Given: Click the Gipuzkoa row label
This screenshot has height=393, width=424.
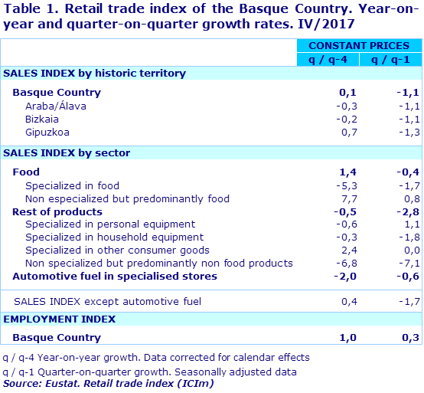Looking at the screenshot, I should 48,133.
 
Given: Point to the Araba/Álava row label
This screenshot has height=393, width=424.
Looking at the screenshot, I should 55,106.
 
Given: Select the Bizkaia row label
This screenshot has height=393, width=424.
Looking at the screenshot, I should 42,120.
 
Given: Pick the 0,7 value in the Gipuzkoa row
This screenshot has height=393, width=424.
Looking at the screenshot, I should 348,133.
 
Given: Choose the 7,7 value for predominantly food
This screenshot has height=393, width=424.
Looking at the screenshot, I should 348,198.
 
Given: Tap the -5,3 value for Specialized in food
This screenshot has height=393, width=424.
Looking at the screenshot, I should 346,185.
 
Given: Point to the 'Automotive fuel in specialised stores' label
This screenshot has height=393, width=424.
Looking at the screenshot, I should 115,276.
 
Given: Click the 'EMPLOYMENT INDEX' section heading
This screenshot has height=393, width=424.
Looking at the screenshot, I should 60,319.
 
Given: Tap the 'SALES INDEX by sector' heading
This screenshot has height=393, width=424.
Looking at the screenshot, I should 67,153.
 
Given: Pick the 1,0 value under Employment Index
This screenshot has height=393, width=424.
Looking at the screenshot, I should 348,337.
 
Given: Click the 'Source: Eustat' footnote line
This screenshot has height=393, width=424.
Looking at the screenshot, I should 108,383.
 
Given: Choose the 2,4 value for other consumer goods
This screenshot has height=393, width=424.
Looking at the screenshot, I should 348,250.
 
